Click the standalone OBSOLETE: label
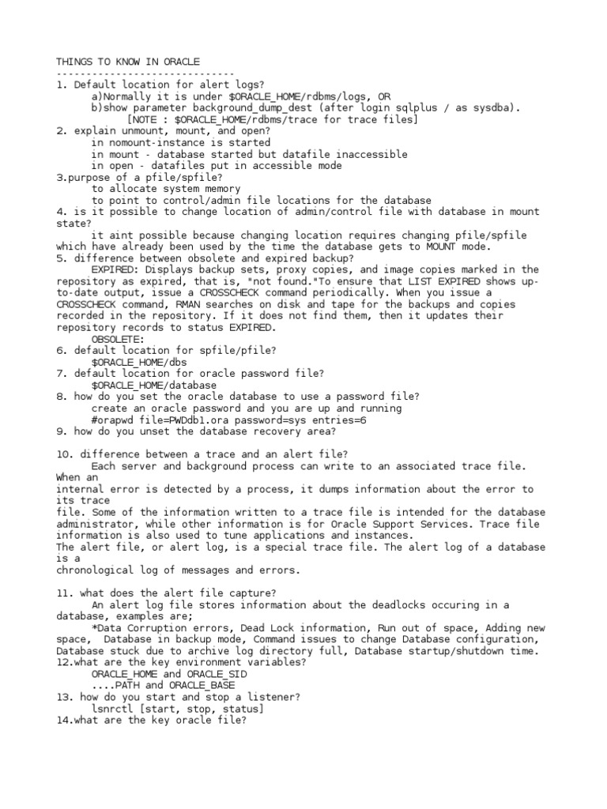(118, 339)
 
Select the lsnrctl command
(115, 709)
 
